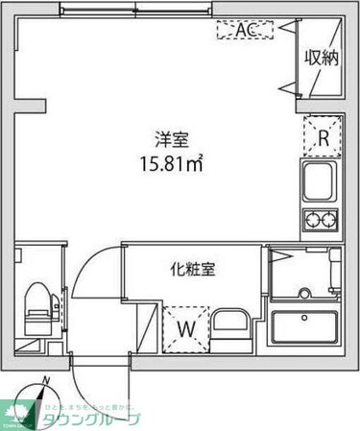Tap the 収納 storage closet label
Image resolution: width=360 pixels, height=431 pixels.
tap(323, 59)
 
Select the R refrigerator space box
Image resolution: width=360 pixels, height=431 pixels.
tap(324, 136)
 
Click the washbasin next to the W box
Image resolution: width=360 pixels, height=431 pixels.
tap(231, 329)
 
